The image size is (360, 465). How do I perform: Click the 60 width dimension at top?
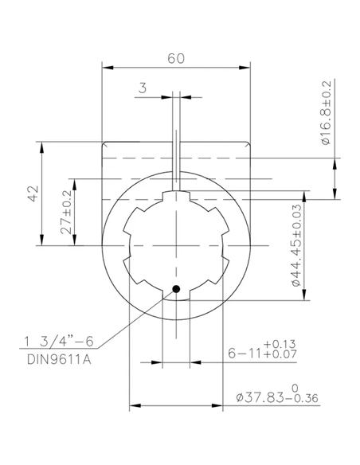click(176, 59)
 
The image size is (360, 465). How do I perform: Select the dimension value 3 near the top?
click(141, 89)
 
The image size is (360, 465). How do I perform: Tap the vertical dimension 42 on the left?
click(33, 193)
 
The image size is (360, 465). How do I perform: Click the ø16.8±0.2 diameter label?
click(327, 111)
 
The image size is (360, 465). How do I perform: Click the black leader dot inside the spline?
click(176, 289)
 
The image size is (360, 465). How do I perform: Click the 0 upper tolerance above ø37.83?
click(295, 385)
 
